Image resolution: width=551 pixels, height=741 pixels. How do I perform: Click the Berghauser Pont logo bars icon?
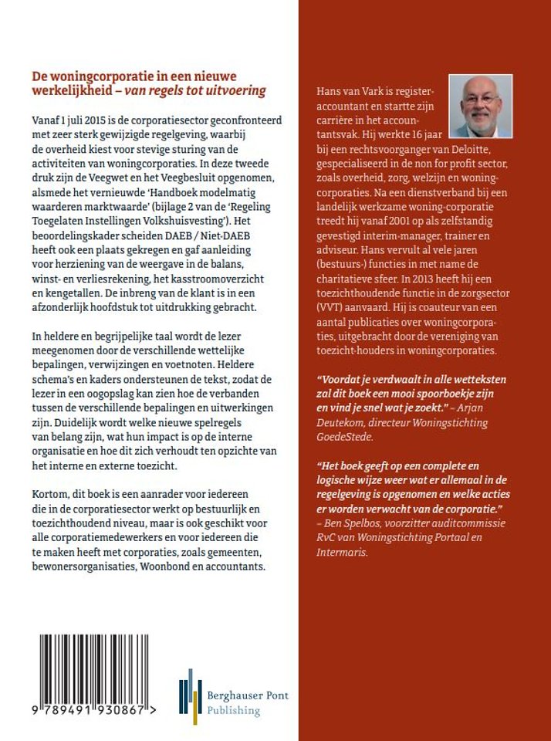point(190,696)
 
